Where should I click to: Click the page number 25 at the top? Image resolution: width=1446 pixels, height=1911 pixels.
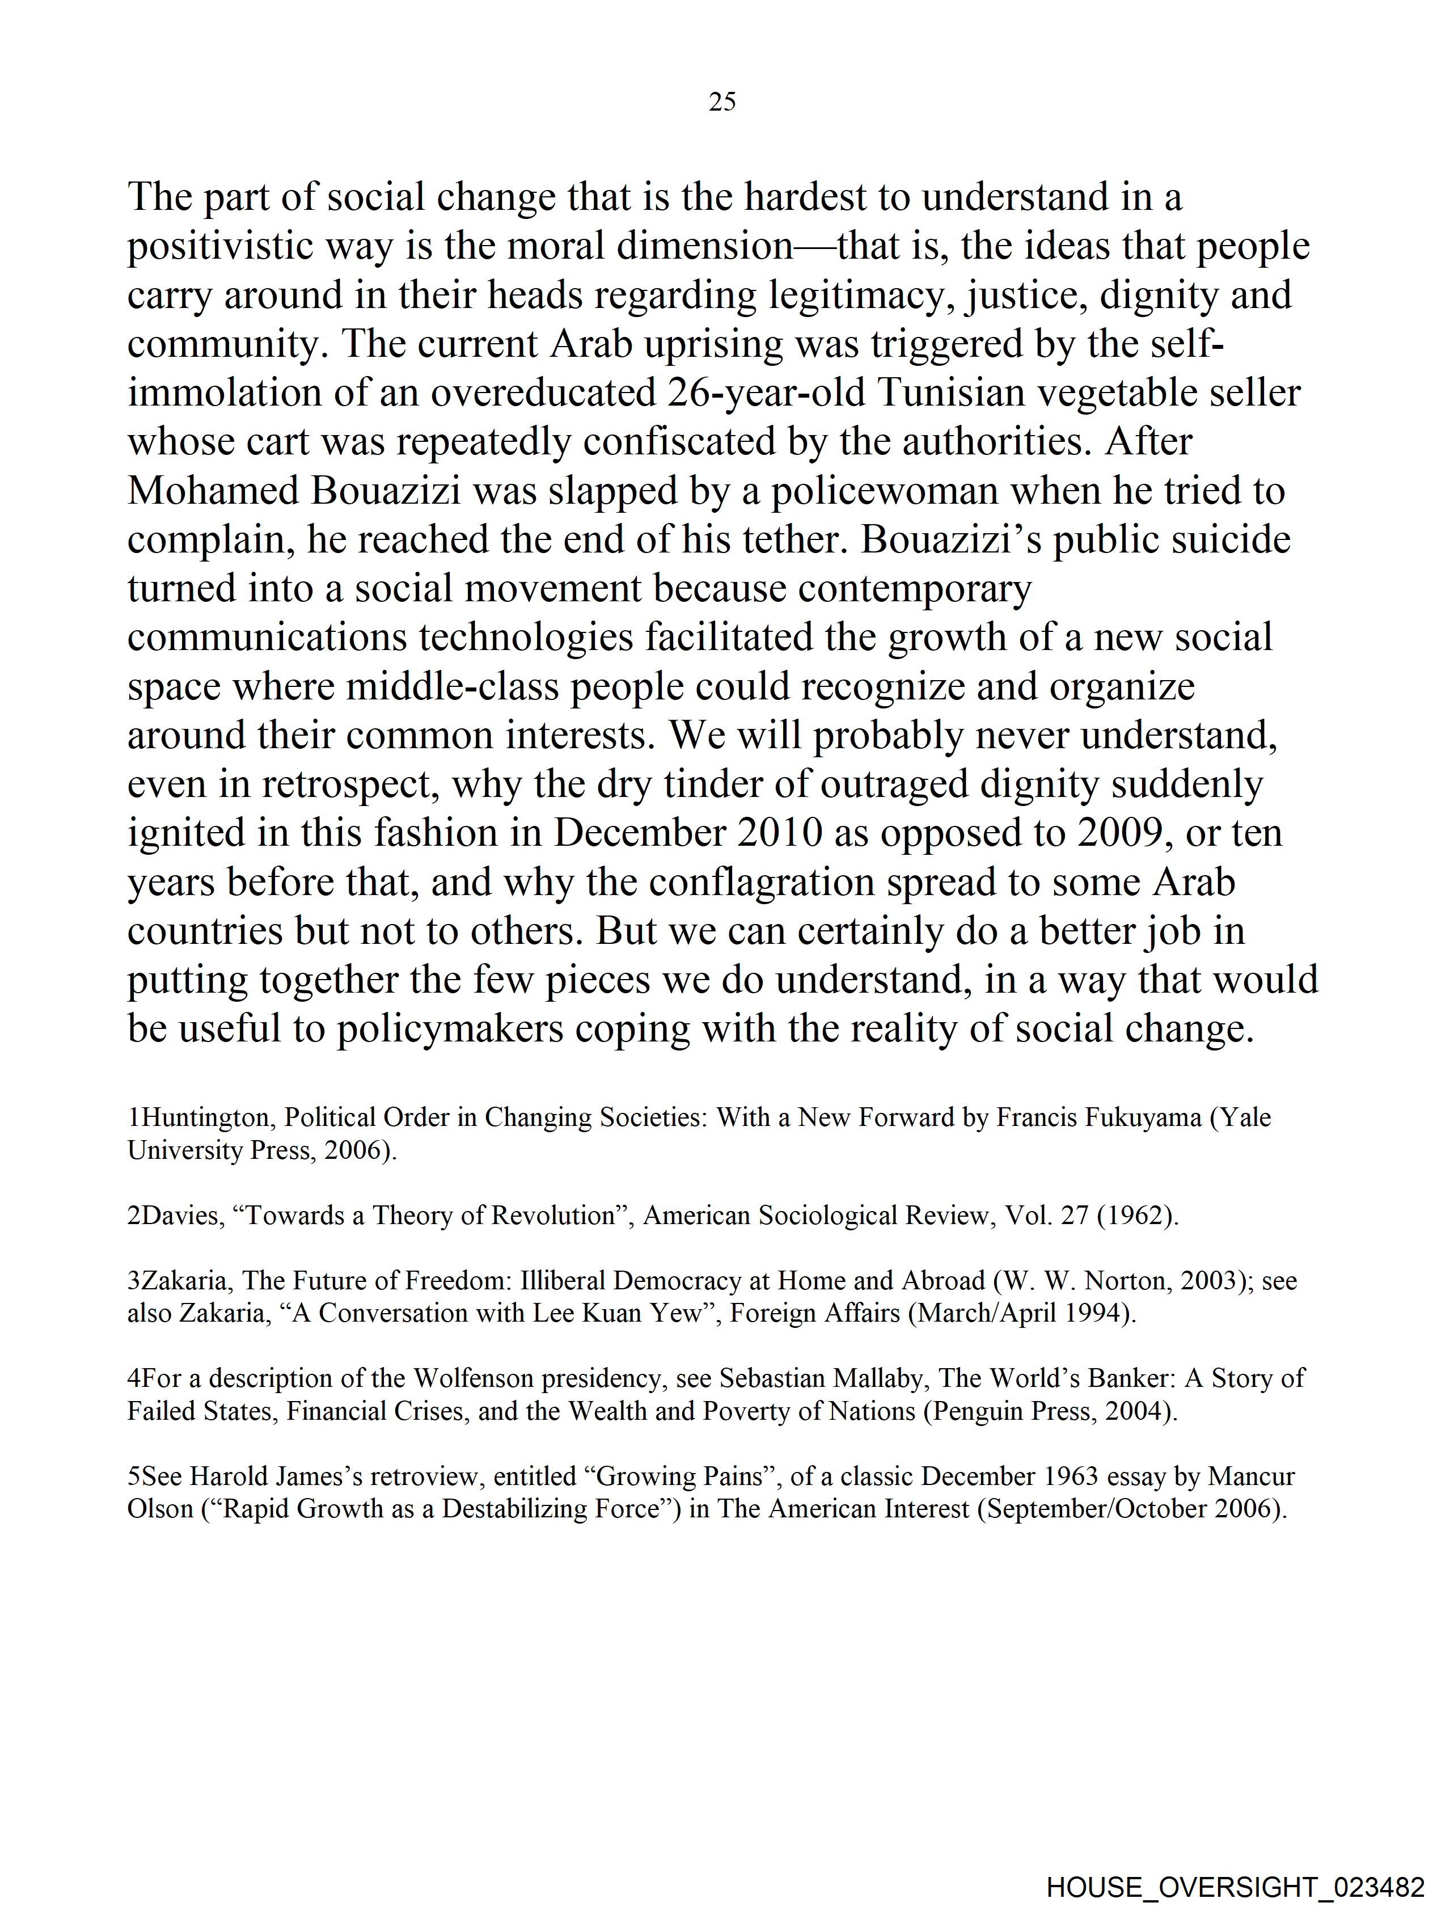coord(722,102)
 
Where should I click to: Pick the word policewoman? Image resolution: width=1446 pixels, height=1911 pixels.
coord(883,491)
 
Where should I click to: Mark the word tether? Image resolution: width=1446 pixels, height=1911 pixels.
coord(793,540)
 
